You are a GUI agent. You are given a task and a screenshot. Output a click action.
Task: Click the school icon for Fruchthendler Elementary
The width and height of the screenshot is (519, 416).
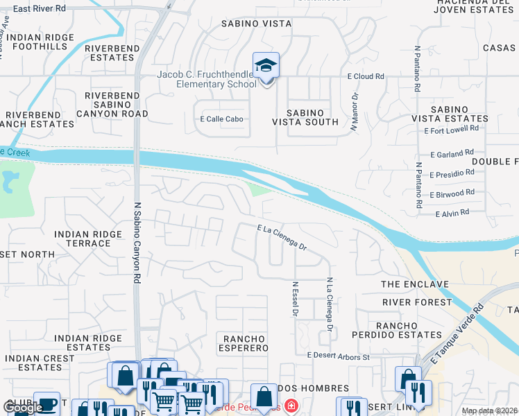(x=266, y=67)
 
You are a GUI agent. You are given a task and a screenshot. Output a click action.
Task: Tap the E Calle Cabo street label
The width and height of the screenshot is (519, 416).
(x=222, y=119)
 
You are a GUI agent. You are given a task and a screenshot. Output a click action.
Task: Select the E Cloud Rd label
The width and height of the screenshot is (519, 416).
(x=366, y=77)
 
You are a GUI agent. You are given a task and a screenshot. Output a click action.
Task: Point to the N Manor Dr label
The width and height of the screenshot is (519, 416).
(x=354, y=112)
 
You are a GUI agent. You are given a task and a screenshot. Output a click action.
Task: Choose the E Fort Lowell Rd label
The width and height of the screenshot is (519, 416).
(x=455, y=128)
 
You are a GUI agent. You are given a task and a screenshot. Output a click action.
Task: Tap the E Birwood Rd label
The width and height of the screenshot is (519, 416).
(x=452, y=193)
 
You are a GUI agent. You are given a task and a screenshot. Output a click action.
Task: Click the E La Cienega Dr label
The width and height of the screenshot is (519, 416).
(x=281, y=236)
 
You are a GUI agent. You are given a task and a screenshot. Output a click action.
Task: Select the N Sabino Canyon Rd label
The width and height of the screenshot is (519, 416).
(x=137, y=243)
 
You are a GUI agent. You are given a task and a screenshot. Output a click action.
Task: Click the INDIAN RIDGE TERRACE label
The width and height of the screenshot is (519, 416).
(x=87, y=239)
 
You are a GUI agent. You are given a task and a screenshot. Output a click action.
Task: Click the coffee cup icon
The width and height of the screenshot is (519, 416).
(x=46, y=404)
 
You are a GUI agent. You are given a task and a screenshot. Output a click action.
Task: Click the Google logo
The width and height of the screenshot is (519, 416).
(x=22, y=408)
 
